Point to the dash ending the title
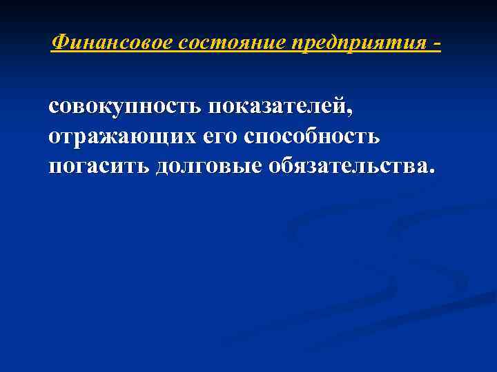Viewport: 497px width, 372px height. coord(436,44)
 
